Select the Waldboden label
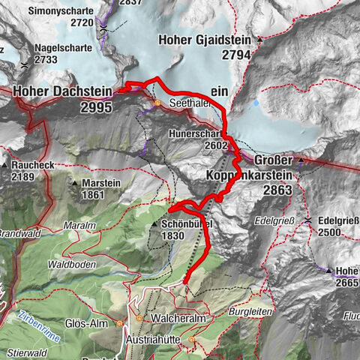click(71, 264)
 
